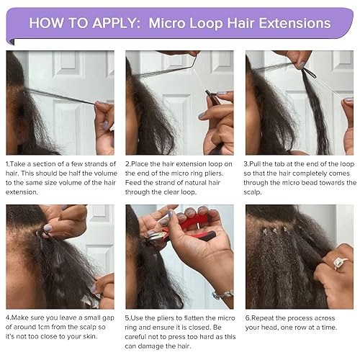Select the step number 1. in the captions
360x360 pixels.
(8, 164)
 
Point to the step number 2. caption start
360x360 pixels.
(127, 164)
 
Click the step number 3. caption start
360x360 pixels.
(248, 164)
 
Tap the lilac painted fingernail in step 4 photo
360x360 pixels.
(48, 228)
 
